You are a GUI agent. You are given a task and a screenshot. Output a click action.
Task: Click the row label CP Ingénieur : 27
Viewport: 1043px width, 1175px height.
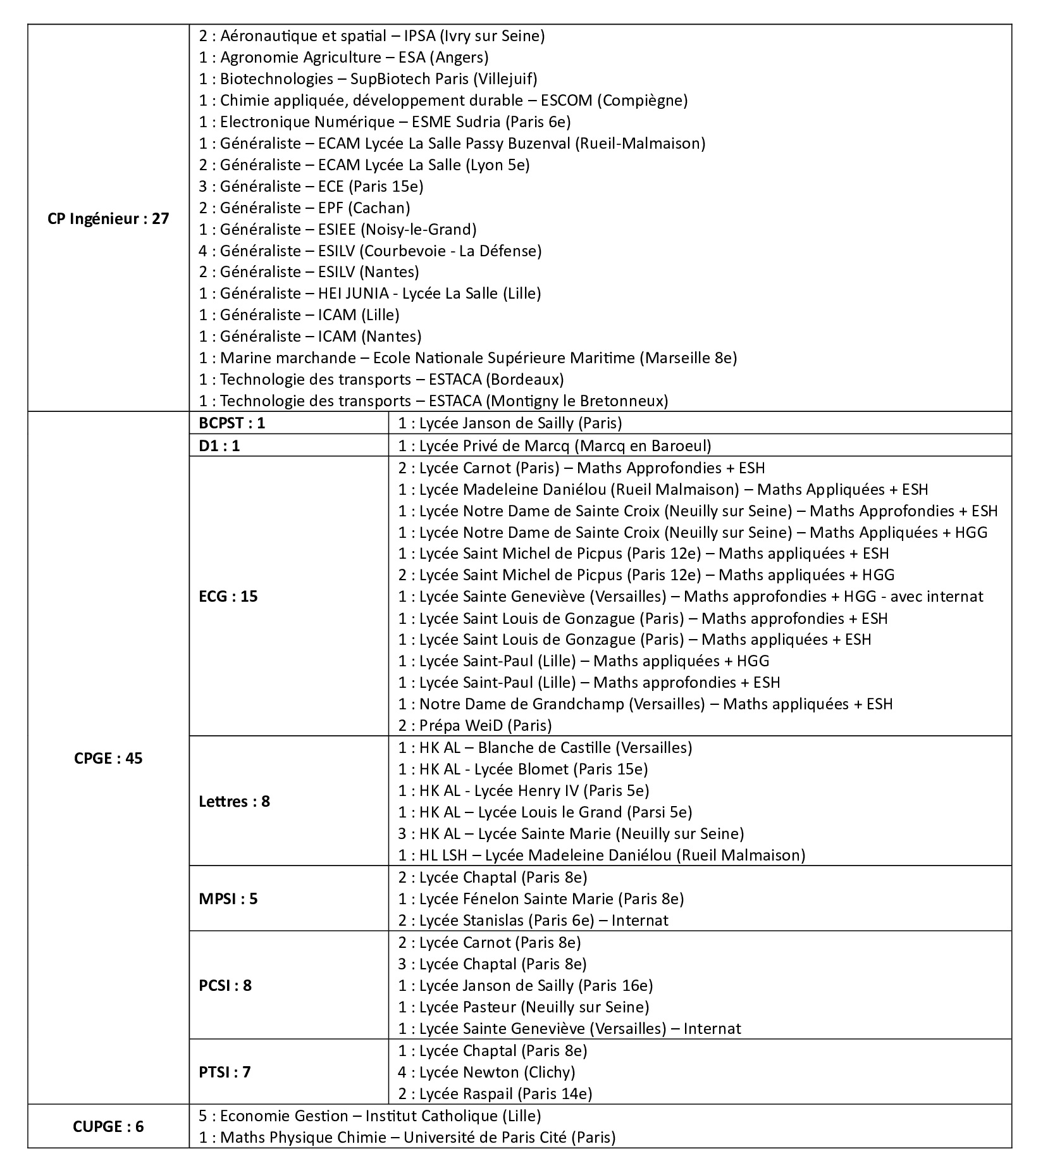(x=108, y=219)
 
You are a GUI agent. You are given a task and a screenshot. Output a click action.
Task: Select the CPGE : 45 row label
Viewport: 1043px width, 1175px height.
(x=108, y=758)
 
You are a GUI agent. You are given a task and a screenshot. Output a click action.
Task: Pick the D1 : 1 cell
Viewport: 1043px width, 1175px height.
(x=219, y=446)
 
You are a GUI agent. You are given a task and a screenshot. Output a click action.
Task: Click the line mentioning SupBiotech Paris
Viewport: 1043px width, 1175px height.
(x=368, y=79)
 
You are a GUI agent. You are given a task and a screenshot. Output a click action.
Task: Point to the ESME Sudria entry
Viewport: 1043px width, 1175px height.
(x=385, y=121)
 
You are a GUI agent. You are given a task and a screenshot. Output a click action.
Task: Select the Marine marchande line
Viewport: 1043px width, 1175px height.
(x=468, y=358)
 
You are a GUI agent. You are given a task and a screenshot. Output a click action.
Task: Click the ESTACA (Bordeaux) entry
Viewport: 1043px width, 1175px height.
(x=381, y=380)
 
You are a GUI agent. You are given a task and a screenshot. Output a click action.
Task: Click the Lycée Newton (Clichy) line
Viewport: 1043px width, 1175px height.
(x=486, y=1072)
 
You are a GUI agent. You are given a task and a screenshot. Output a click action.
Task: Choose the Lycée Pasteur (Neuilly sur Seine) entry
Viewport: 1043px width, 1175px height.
(x=524, y=1007)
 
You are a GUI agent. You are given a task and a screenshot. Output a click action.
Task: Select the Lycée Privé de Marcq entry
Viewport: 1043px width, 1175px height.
(x=555, y=446)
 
